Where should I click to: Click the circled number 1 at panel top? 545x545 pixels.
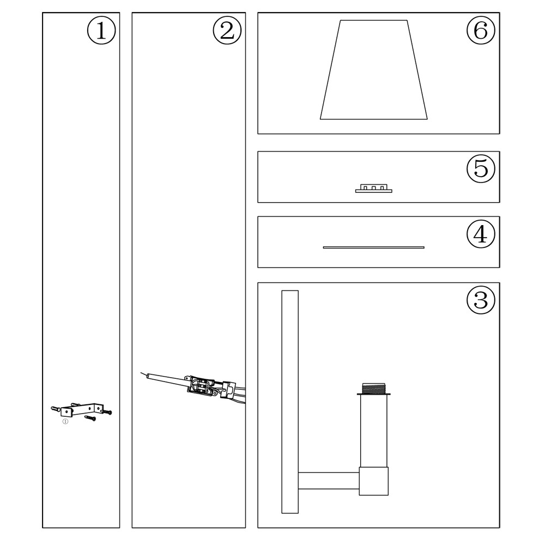[x=101, y=31]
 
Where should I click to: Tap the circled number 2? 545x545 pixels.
[x=227, y=31]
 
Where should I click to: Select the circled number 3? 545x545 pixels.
[x=481, y=300]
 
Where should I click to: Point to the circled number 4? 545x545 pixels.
[x=481, y=234]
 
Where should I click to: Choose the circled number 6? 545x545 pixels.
[x=481, y=31]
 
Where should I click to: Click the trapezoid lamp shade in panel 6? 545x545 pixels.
[x=374, y=70]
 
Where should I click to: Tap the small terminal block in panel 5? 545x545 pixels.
[x=374, y=189]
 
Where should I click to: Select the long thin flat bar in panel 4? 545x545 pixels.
[x=374, y=247]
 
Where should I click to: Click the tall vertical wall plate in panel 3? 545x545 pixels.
[x=290, y=402]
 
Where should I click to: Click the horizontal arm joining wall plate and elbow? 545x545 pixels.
[x=329, y=481]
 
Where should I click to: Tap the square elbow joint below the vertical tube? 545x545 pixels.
[x=374, y=481]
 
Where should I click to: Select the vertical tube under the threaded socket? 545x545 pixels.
[x=374, y=431]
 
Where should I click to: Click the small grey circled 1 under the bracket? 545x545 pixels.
[x=65, y=422]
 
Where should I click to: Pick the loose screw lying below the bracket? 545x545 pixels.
[x=90, y=418]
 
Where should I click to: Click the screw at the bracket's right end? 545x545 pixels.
[x=106, y=412]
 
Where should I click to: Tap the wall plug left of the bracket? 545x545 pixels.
[x=56, y=409]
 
